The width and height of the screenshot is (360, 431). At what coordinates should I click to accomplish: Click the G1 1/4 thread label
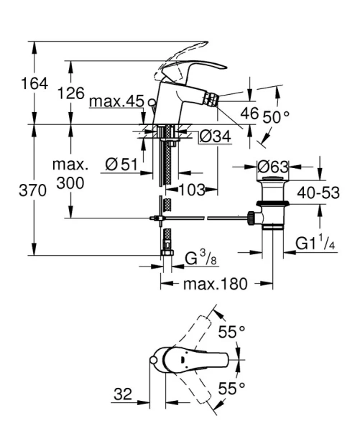(x=315, y=245)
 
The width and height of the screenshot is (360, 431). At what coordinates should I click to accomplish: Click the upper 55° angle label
(x=231, y=332)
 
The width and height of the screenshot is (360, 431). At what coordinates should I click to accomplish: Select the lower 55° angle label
(x=231, y=389)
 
